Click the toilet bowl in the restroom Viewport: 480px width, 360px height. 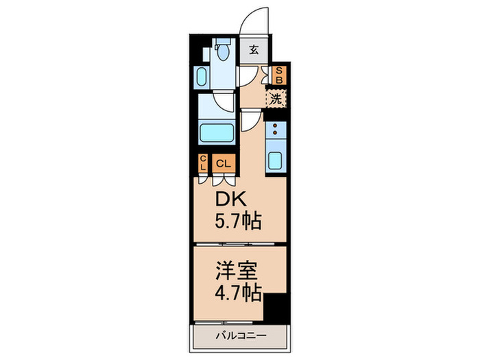point(223,51)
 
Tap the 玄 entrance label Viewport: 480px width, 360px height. point(254,49)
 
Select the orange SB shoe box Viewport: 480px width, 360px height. point(279,75)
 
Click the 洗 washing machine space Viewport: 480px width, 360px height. point(276,99)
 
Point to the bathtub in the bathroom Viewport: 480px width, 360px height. point(217,133)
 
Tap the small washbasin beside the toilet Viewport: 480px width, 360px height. point(201,77)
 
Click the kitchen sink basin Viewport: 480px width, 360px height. point(275,160)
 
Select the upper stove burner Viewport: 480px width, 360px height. point(274,125)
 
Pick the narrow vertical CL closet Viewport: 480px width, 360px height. point(203,163)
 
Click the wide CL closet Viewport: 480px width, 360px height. point(224,163)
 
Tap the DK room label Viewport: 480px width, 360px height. point(231,200)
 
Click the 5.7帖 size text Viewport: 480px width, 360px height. point(238,221)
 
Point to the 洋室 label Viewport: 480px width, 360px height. point(237,271)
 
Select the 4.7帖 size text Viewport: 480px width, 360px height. point(238,293)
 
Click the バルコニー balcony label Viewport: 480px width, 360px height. point(241,336)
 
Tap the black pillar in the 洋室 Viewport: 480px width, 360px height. point(276,308)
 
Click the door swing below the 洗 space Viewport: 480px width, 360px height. point(251,120)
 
